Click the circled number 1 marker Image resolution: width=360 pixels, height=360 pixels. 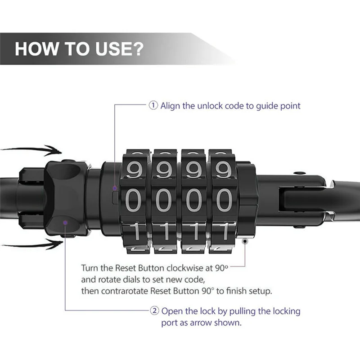(x=153, y=106)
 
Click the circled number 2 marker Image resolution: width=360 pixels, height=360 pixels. (x=153, y=311)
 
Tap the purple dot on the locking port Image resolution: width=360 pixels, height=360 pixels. (x=66, y=222)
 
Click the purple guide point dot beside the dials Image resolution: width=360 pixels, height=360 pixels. (x=115, y=188)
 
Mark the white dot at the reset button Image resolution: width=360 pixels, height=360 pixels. (x=245, y=241)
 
